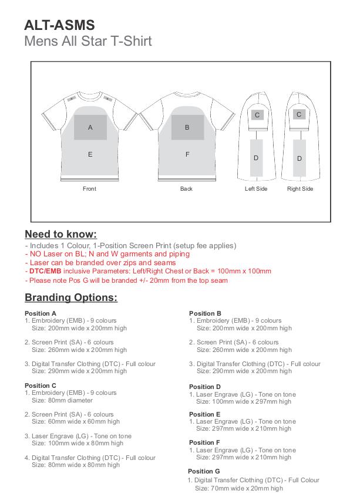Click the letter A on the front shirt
coord(90,127)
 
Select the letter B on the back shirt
coord(187,127)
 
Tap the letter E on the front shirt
coord(90,154)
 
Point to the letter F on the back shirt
coord(187,154)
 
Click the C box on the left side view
coord(257,115)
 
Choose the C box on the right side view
coord(299,114)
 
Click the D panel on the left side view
coord(256,158)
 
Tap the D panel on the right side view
coord(300,158)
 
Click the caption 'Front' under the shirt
coord(89,189)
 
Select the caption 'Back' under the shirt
coord(186,189)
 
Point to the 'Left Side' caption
coord(256,189)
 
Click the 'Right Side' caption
coord(300,189)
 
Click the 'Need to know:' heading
coord(60,234)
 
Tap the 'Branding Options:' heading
coord(71,297)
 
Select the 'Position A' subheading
coord(41,313)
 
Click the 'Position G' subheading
coord(204,471)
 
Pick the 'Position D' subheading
coord(205,387)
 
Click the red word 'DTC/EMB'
coord(45,271)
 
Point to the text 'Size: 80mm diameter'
coord(62,400)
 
